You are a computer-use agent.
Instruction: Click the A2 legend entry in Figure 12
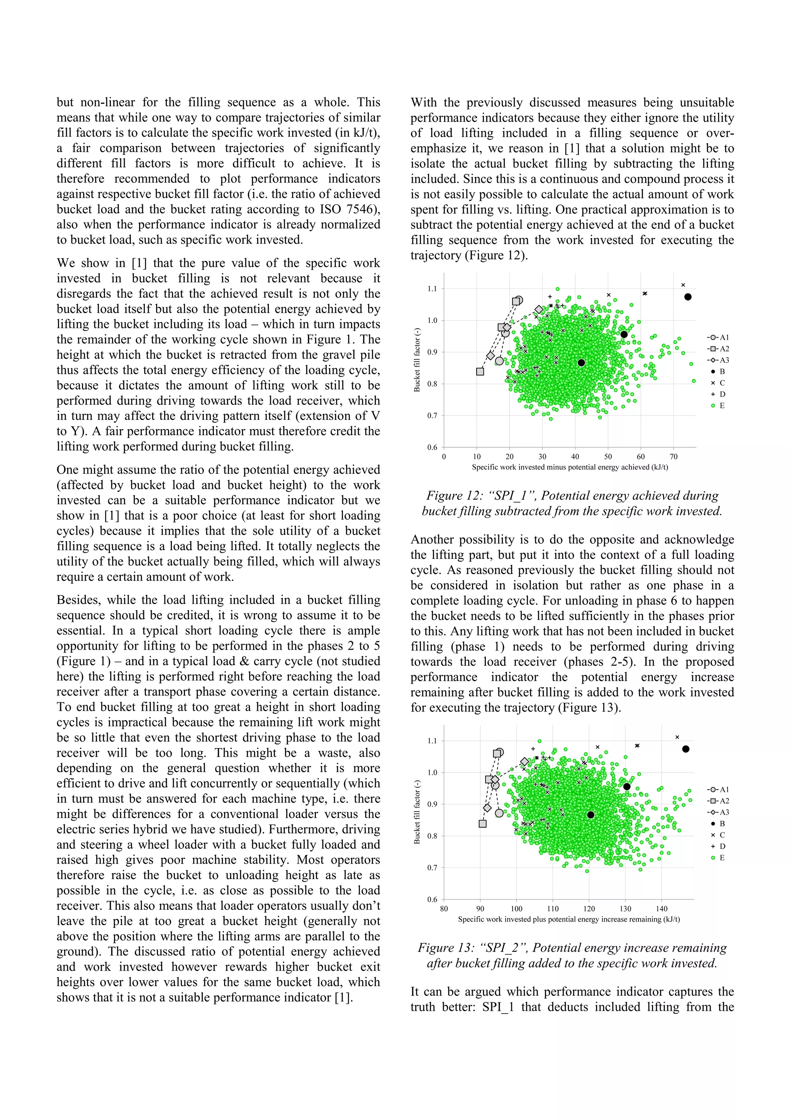tap(718, 348)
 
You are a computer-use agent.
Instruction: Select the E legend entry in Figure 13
tap(718, 858)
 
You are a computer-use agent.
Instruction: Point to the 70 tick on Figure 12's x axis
tap(674, 457)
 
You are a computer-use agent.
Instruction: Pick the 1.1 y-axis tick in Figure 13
tap(432, 741)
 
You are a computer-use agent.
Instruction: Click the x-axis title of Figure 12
tap(570, 467)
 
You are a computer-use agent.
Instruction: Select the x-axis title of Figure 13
tap(569, 919)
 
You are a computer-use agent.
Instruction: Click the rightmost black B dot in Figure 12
tap(687, 297)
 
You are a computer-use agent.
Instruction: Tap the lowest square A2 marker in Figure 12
tap(480, 372)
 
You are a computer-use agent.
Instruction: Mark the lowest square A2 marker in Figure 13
tap(482, 824)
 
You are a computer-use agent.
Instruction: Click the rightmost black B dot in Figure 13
tap(686, 749)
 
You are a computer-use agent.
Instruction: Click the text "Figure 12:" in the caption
tap(448, 496)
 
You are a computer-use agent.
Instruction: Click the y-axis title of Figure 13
tap(417, 812)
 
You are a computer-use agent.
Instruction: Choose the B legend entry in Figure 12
tap(718, 371)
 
